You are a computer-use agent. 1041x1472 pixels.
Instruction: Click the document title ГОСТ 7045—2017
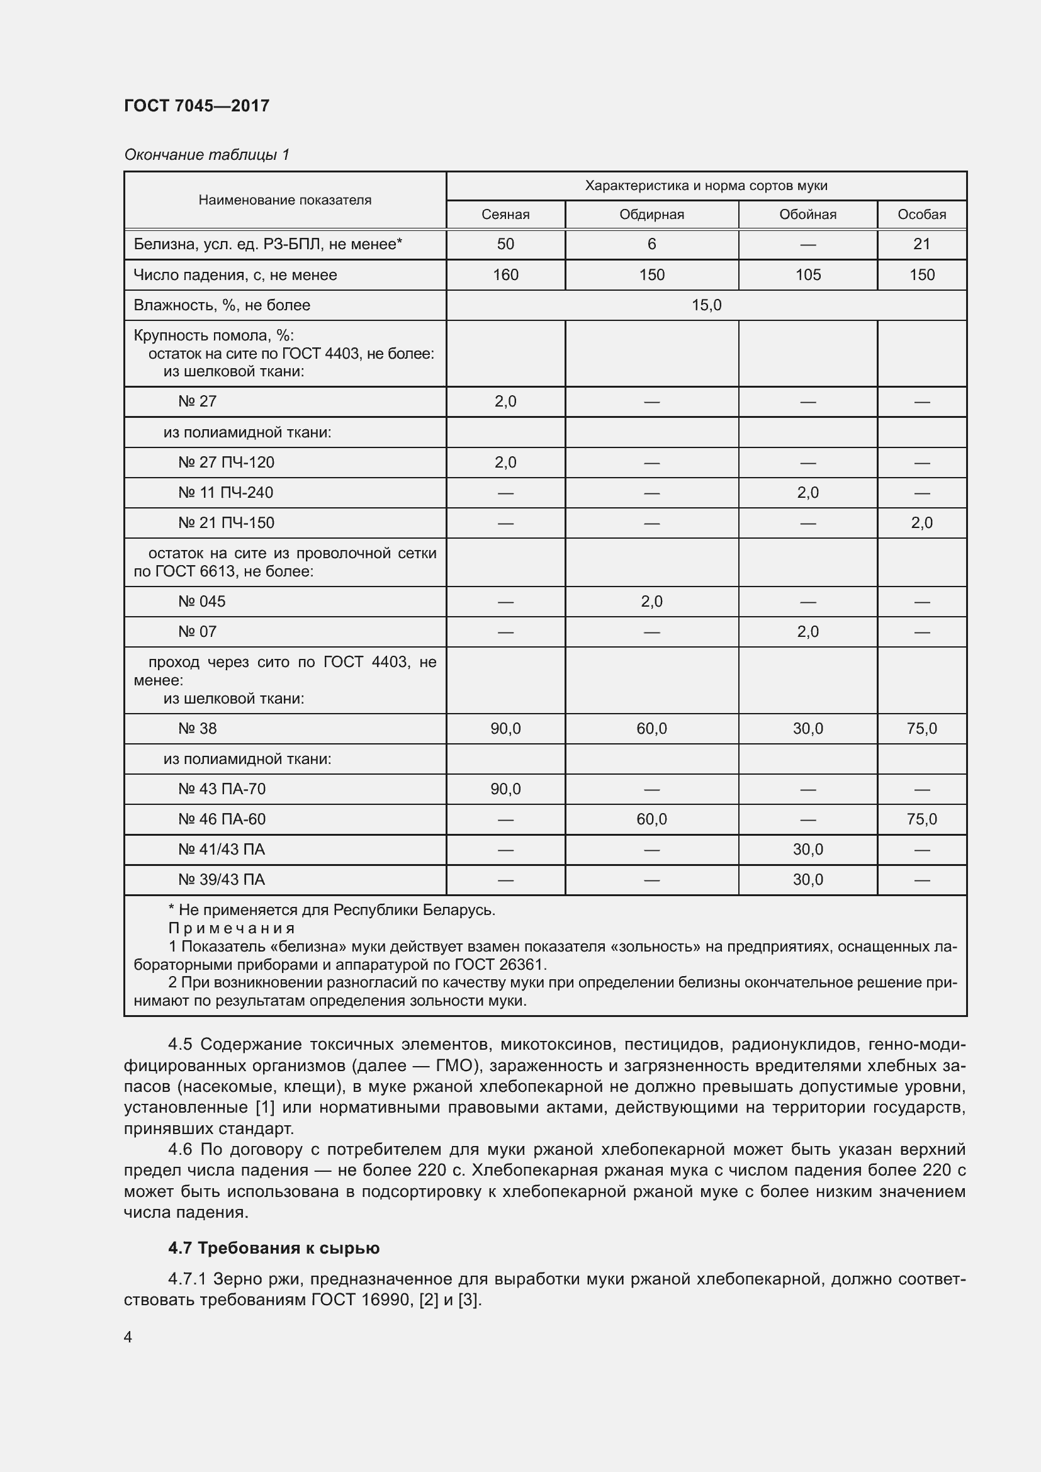pos(197,106)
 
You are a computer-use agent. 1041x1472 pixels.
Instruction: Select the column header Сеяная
pos(505,215)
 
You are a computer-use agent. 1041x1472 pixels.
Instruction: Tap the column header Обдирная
pos(651,215)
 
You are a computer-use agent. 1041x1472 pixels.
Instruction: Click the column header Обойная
pos(807,215)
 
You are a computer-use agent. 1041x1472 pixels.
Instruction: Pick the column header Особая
pos(921,215)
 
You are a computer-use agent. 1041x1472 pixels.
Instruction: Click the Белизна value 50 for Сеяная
pos(505,244)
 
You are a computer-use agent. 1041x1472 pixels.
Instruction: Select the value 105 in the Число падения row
pos(807,275)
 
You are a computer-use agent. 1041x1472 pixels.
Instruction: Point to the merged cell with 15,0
pos(706,305)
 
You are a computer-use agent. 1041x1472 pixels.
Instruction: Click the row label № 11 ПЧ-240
pos(226,493)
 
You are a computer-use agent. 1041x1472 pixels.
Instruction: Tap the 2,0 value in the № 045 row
pos(651,602)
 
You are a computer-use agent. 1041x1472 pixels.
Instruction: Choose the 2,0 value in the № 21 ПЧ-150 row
pos(921,523)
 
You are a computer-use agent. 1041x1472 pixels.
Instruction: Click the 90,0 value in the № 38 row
pos(505,728)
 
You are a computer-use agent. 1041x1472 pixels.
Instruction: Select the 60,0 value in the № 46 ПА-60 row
pos(651,819)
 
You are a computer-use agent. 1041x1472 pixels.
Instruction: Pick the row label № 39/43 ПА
pos(221,880)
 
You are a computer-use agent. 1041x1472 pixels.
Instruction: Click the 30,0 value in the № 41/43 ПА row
pos(807,850)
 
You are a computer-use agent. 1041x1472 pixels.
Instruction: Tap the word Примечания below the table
pos(232,928)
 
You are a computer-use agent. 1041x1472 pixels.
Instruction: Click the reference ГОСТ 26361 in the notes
pos(499,965)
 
